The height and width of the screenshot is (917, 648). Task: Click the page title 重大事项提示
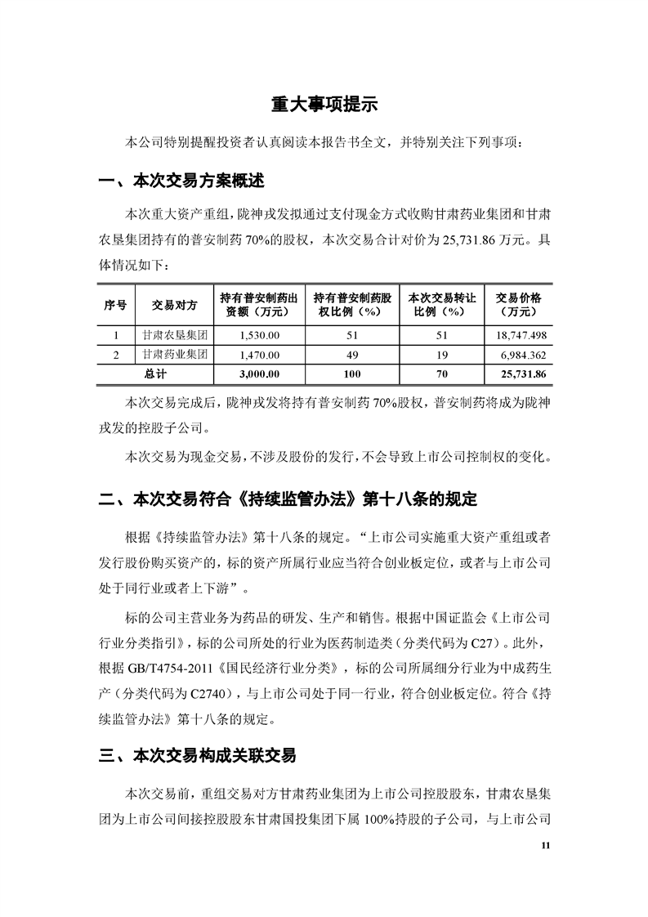click(x=324, y=105)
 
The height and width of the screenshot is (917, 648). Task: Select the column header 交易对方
click(x=175, y=305)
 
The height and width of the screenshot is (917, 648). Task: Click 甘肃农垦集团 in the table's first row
click(x=174, y=335)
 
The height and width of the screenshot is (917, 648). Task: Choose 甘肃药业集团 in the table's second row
click(x=174, y=355)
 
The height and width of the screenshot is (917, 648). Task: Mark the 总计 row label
click(x=155, y=374)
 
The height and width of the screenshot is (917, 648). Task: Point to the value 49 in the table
click(x=352, y=355)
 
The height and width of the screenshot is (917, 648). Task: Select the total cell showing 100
click(x=352, y=374)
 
